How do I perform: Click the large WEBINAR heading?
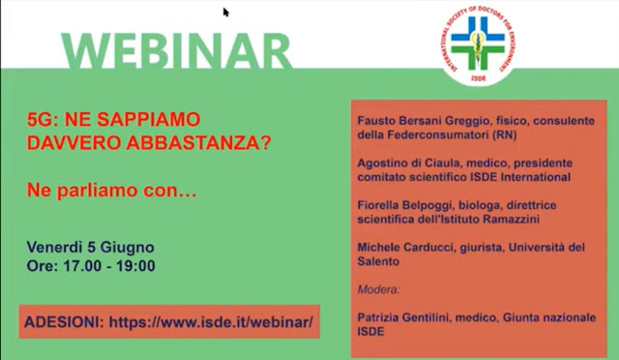pos(176,51)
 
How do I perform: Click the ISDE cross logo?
pos(478,44)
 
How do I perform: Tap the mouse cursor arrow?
pos(225,13)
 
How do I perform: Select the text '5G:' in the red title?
pos(40,119)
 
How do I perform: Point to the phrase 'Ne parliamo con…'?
pos(111,191)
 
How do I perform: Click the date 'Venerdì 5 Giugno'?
pos(90,248)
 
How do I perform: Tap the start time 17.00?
pos(82,265)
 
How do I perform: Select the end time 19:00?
pos(135,265)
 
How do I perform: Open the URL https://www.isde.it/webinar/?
pos(211,322)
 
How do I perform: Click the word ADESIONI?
pos(65,322)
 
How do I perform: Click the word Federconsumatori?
pos(438,135)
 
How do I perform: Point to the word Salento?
pos(378,261)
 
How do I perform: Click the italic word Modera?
pos(378,289)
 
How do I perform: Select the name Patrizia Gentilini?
pos(406,317)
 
